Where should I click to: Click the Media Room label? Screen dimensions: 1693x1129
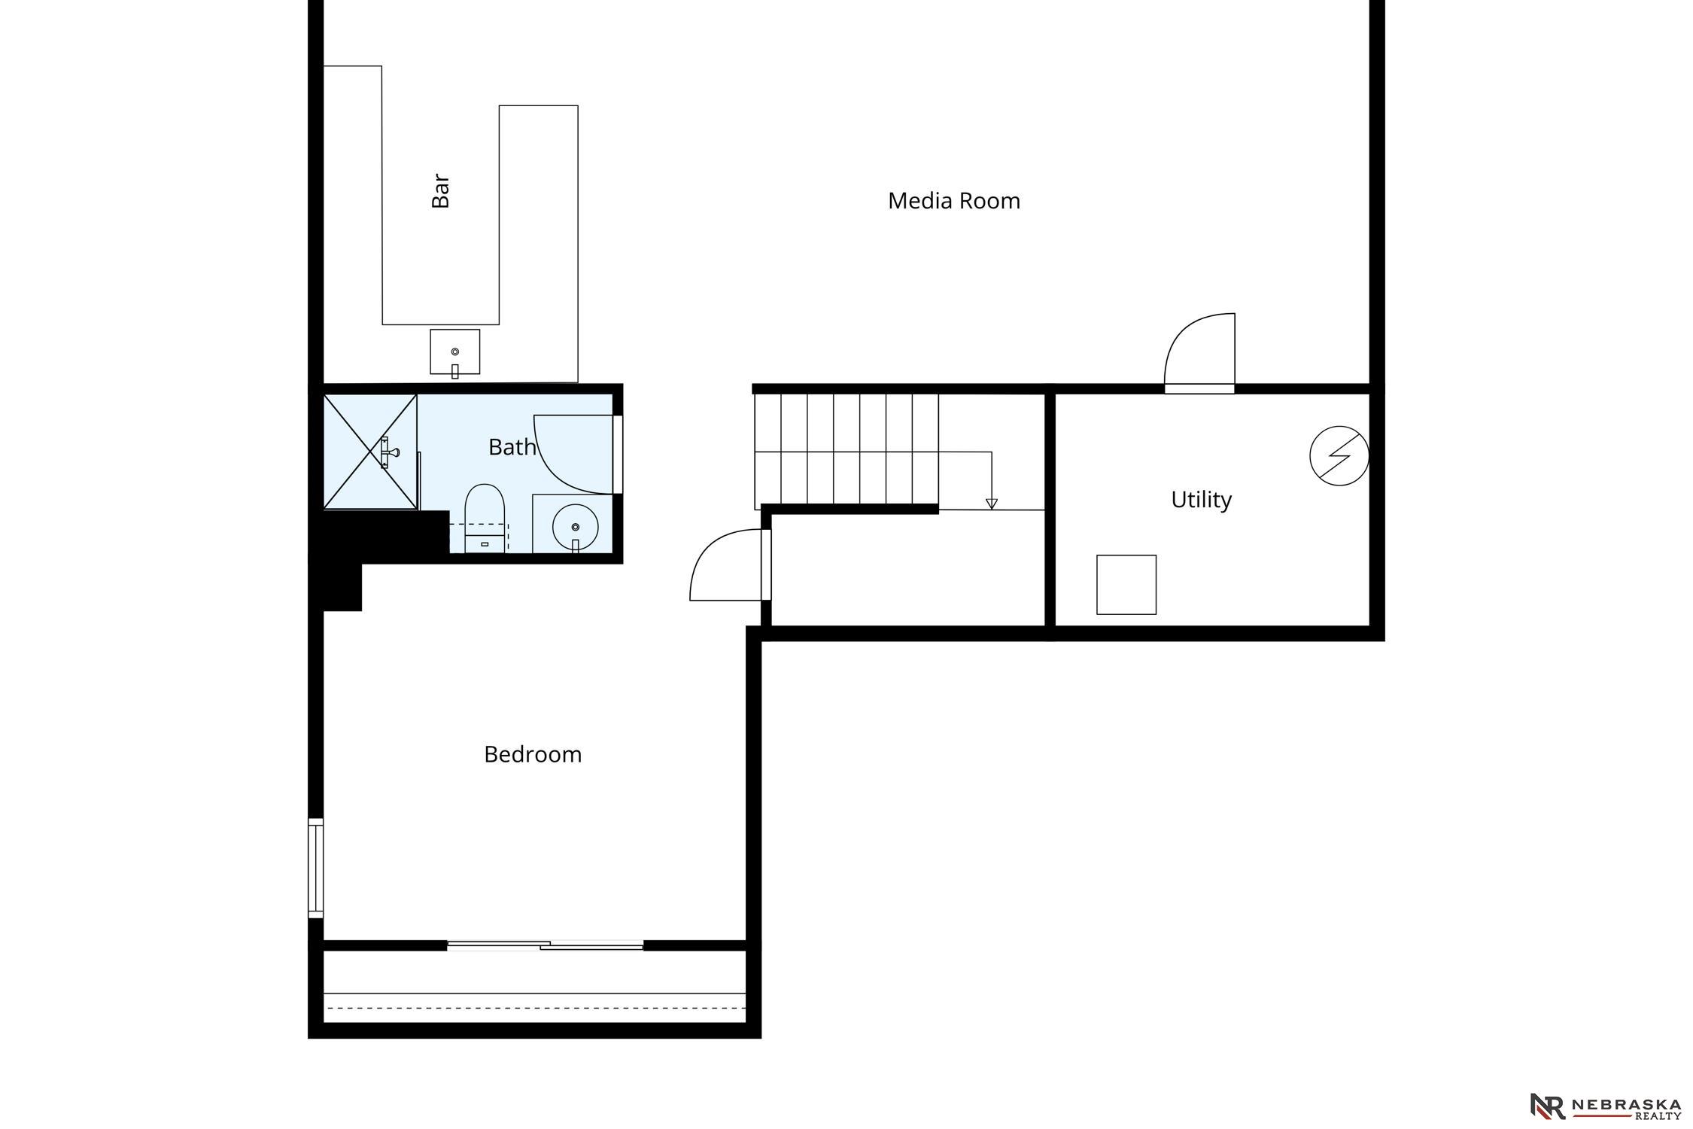coord(953,201)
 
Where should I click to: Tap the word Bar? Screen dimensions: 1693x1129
coord(440,191)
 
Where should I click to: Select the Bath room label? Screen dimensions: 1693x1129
coord(512,447)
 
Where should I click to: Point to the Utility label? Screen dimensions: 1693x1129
coord(1201,501)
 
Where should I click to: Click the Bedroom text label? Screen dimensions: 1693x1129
coord(533,754)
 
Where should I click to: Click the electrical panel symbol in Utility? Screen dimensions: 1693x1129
coord(1339,455)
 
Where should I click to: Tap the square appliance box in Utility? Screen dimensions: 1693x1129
coord(1126,585)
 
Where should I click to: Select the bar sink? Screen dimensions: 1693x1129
coord(454,352)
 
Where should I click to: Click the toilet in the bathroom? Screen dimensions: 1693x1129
coord(485,518)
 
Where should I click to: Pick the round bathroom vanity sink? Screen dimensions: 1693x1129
coord(576,527)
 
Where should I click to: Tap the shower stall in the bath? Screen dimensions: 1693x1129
coord(370,452)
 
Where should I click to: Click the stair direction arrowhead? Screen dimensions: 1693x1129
coord(992,504)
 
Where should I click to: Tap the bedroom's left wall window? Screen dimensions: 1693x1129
coord(316,868)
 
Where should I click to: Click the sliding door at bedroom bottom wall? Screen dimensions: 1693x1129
coord(546,945)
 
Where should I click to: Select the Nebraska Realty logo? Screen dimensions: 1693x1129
coord(1606,1106)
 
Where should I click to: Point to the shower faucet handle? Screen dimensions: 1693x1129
coord(389,452)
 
